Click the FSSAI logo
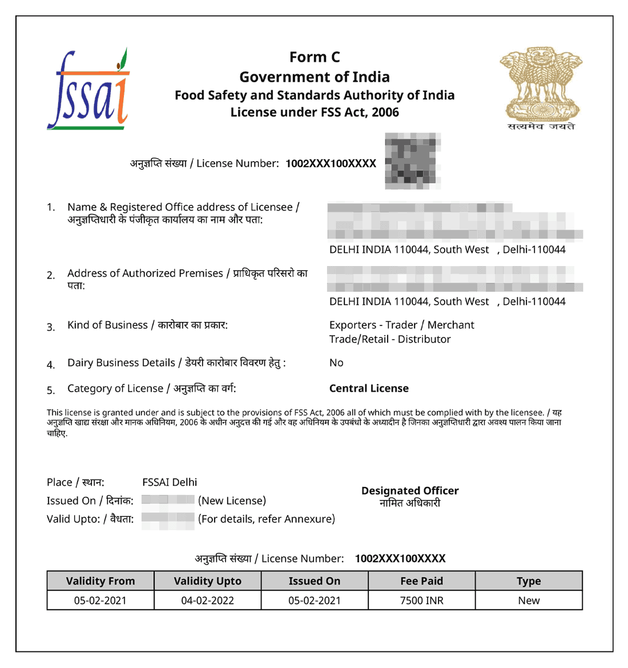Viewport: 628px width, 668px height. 88,90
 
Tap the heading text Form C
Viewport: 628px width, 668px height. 315,57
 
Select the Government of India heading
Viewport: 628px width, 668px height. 315,77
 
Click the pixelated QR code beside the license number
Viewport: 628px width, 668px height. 413,161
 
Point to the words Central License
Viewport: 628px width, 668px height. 369,388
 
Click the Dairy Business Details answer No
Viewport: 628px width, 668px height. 336,363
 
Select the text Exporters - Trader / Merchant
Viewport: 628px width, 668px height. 401,325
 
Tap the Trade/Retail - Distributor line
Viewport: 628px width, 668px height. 390,339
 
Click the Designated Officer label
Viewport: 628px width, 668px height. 410,490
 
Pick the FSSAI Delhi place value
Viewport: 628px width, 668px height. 170,482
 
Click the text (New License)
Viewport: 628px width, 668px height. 232,501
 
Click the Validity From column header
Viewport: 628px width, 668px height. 100,581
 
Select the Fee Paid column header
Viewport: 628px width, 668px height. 421,581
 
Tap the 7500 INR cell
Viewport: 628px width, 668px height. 421,601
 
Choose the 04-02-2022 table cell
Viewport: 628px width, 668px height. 207,601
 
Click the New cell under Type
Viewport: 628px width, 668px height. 529,601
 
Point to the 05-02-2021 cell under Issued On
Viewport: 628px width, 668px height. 315,601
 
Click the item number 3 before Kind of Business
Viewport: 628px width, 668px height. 51,327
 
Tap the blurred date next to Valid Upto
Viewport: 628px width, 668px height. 168,520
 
